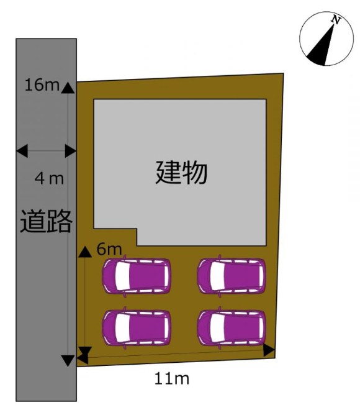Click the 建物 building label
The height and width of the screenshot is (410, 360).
click(x=181, y=173)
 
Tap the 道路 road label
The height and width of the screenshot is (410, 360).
click(x=46, y=221)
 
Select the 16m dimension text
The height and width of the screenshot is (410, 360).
click(x=42, y=85)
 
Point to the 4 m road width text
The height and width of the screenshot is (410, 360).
click(x=50, y=179)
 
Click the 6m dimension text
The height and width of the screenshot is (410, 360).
click(x=109, y=249)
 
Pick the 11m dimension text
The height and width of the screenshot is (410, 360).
click(x=172, y=378)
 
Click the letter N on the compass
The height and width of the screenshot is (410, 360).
click(x=336, y=20)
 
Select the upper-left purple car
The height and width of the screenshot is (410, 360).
click(x=137, y=276)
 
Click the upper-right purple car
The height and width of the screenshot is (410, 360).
click(x=232, y=276)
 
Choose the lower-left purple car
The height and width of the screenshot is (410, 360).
click(x=137, y=328)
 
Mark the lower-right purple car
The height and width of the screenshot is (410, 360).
click(x=232, y=328)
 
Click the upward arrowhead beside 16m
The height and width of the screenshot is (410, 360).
click(x=68, y=88)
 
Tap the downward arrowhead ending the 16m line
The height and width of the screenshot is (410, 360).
click(x=68, y=361)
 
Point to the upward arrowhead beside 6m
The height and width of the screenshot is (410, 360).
click(x=85, y=252)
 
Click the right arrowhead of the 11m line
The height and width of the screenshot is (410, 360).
click(x=269, y=350)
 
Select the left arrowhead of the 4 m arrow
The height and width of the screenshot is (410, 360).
click(x=22, y=151)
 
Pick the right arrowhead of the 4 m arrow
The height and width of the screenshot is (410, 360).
click(x=71, y=151)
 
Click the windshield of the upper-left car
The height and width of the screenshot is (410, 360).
click(x=122, y=276)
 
